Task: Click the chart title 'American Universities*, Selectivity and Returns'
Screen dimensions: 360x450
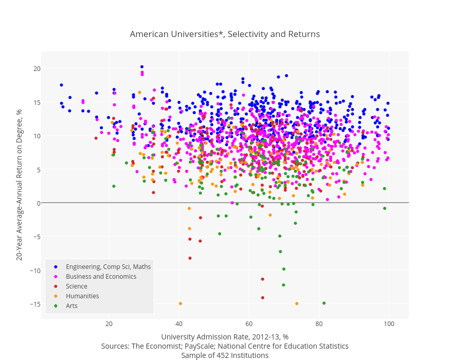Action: click(x=225, y=34)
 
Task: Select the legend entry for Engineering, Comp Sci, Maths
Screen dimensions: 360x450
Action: click(x=108, y=266)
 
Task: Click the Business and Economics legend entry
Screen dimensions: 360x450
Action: click(x=101, y=276)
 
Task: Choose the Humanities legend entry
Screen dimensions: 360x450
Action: click(x=82, y=296)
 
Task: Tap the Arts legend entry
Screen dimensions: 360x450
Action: click(x=71, y=305)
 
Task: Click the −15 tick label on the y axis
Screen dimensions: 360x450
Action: click(x=35, y=304)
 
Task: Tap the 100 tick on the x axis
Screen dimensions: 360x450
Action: click(x=389, y=324)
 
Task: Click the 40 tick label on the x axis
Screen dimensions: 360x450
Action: click(x=179, y=324)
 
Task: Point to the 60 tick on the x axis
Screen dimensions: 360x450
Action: click(x=249, y=324)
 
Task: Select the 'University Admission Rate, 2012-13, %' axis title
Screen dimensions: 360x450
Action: click(x=225, y=337)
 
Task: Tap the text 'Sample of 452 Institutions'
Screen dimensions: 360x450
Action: click(x=225, y=355)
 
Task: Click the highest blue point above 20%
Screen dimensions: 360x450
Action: click(x=142, y=67)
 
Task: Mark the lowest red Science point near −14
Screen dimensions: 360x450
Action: click(x=262, y=297)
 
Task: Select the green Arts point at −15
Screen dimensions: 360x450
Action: click(x=324, y=303)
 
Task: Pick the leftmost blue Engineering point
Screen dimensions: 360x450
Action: click(x=61, y=85)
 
